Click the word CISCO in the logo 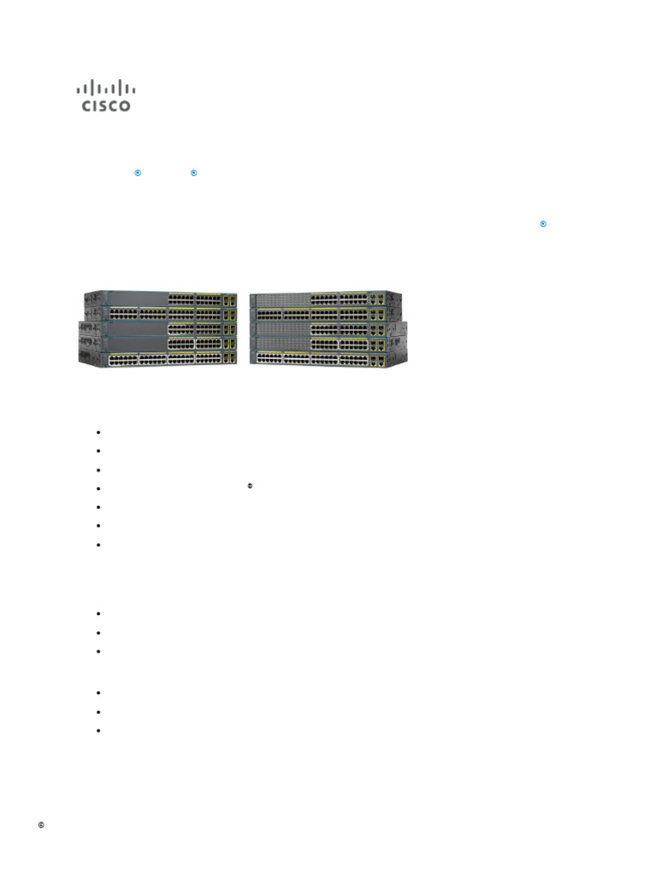106,106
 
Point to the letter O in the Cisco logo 125,106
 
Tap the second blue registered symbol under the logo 193,173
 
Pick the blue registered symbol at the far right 542,224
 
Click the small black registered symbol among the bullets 250,486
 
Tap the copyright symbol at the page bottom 41,825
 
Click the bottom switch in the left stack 159,360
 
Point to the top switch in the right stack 324,299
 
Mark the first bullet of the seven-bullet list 100,432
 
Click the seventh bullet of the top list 100,544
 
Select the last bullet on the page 100,730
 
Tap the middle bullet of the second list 100,633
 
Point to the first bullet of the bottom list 100,692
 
